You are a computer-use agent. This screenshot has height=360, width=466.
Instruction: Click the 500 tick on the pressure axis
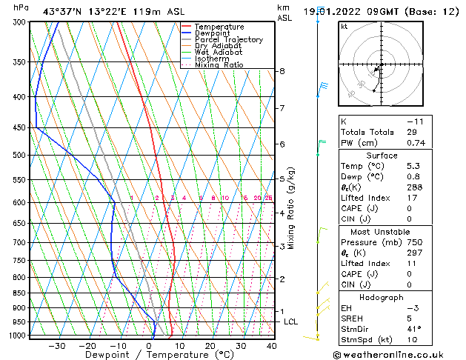tap(20, 155)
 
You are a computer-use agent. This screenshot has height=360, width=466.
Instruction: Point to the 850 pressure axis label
tap(20, 293)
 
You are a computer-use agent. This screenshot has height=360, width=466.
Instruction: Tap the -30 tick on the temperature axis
tap(57, 345)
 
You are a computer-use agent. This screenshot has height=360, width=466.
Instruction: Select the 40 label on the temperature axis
tap(270, 345)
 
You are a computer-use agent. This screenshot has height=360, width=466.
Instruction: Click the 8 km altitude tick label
tap(282, 71)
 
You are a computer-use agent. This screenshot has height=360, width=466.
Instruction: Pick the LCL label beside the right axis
tap(291, 321)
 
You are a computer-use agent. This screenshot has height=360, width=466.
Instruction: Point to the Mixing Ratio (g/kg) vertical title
tap(292, 208)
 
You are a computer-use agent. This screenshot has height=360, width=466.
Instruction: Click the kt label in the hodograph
tap(344, 26)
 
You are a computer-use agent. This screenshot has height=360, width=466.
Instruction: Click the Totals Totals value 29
tap(412, 131)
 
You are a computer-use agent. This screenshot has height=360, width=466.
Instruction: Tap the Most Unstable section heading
tap(382, 231)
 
